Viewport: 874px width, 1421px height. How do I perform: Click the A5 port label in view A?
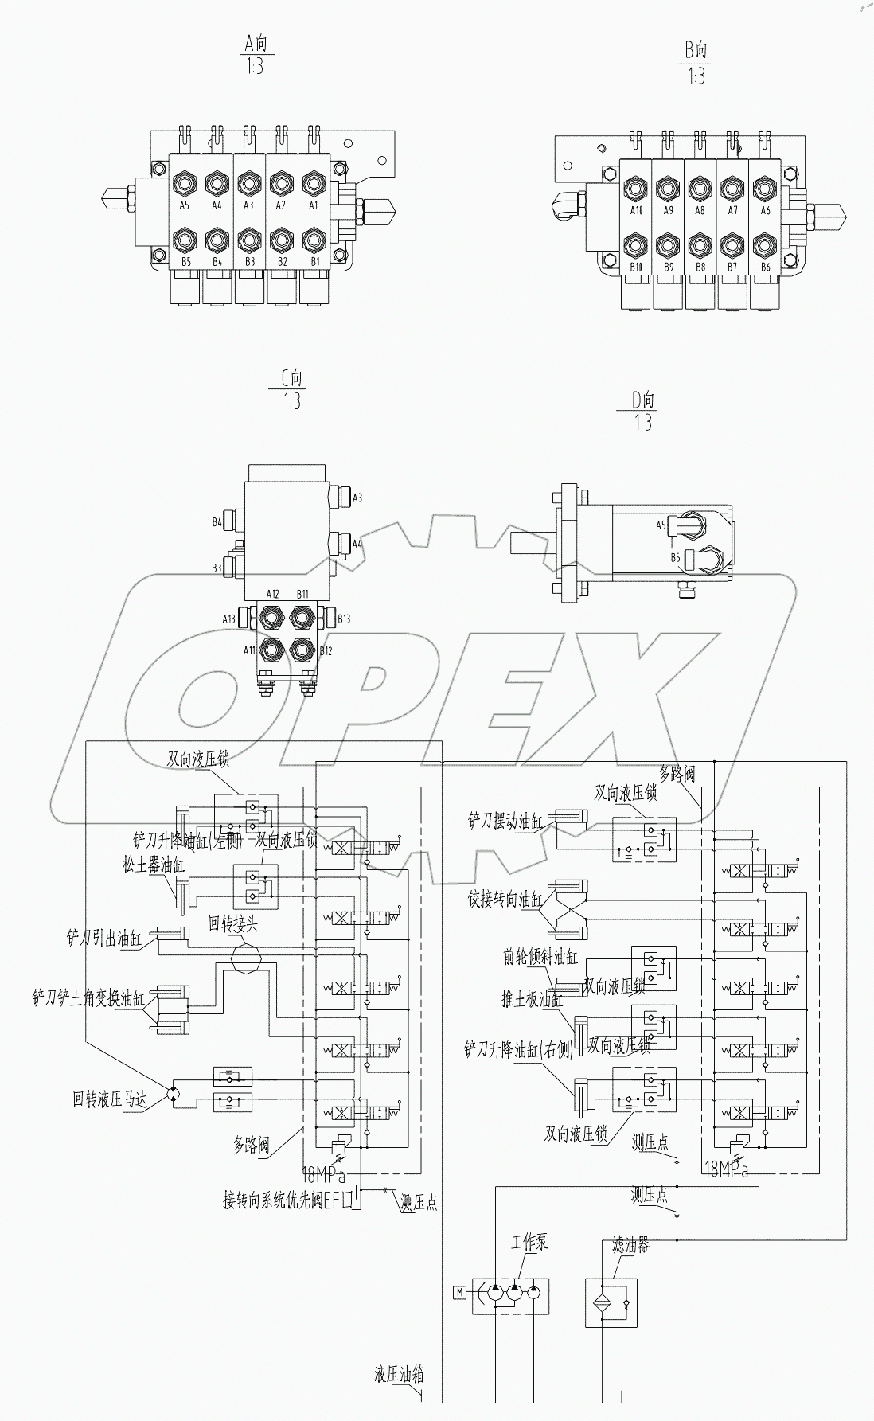[x=185, y=205]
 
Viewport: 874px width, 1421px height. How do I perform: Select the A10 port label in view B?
[x=636, y=211]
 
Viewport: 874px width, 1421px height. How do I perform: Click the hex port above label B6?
[x=765, y=243]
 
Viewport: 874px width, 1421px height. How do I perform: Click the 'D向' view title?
[x=643, y=400]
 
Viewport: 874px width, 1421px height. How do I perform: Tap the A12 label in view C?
[x=272, y=594]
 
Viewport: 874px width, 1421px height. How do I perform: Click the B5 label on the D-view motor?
[x=674, y=558]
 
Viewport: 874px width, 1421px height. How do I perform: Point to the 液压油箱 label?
[x=399, y=1375]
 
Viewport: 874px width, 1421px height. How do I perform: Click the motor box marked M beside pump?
[x=459, y=1291]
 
